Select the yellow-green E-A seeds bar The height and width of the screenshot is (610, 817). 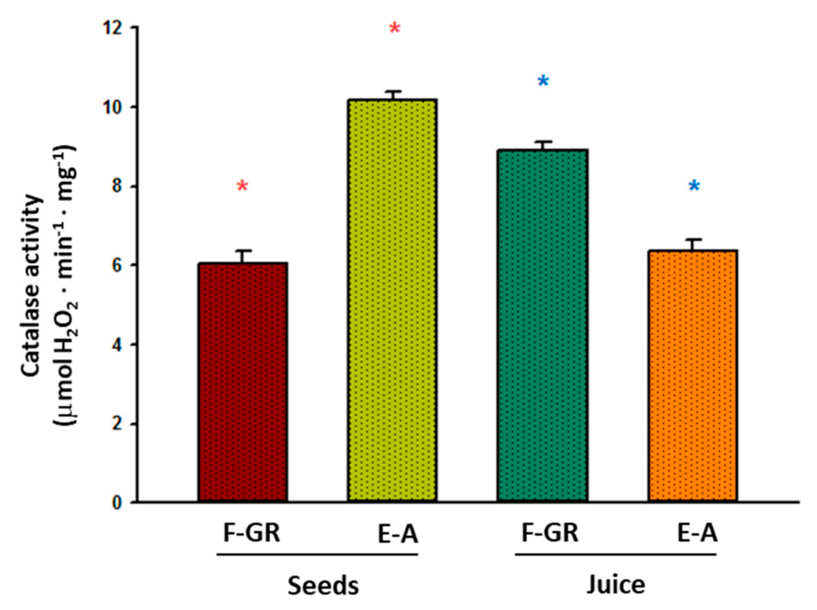click(392, 300)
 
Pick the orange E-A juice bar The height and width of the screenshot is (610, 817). click(692, 375)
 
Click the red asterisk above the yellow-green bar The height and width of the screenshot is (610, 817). click(395, 28)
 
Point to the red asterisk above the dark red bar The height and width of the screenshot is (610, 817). click(242, 186)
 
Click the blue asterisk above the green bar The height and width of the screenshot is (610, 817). click(543, 82)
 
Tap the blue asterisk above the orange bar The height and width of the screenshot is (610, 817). click(694, 186)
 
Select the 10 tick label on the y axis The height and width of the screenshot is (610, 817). click(112, 107)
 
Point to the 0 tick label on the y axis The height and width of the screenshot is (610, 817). click(117, 503)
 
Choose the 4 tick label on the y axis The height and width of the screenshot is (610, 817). click(117, 345)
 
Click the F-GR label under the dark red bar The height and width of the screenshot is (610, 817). click(252, 533)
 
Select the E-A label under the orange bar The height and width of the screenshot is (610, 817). click(697, 533)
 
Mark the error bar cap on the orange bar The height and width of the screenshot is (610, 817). click(693, 239)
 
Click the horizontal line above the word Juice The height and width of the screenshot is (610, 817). click(615, 555)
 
